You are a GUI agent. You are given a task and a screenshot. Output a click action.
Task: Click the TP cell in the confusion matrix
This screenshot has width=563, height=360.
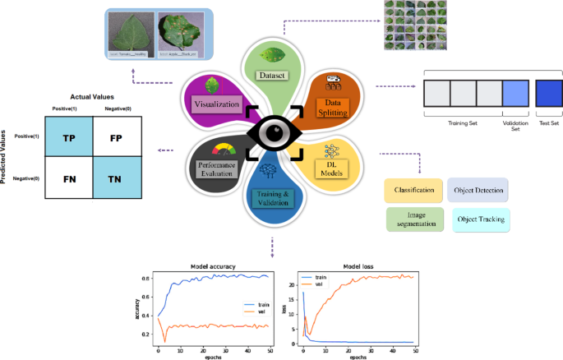click(68, 139)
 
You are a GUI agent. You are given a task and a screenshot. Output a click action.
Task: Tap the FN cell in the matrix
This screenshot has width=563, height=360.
click(68, 178)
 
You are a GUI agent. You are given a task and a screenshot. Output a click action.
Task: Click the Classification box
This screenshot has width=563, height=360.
click(413, 191)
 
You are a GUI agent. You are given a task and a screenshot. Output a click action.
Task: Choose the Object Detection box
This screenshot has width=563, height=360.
click(477, 191)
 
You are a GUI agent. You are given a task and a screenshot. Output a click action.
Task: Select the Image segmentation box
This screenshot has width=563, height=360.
click(413, 219)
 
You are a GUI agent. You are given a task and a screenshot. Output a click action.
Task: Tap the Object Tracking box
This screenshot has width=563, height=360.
click(477, 219)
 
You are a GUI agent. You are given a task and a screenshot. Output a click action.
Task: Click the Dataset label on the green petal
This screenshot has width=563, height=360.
click(272, 75)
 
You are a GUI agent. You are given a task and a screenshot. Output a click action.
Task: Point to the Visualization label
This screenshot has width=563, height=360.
click(216, 104)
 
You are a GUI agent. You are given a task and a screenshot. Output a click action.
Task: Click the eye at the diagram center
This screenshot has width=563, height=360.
click(274, 134)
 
